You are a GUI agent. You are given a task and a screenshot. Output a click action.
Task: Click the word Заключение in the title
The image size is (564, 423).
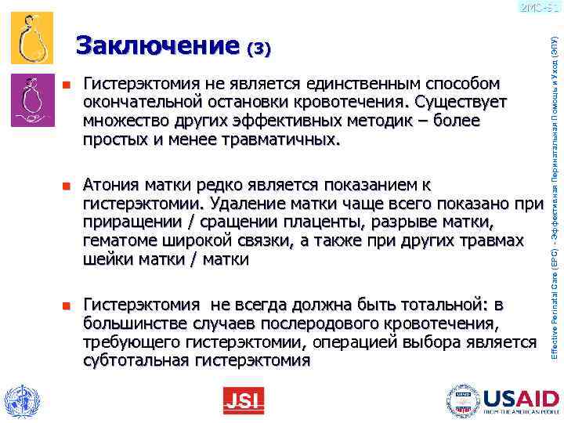click(x=157, y=46)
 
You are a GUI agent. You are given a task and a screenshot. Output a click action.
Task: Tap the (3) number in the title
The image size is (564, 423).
click(x=258, y=49)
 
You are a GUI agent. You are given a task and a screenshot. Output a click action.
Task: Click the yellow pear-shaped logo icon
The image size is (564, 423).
click(x=33, y=38)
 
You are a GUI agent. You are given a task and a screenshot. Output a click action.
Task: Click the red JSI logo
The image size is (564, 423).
click(x=243, y=401)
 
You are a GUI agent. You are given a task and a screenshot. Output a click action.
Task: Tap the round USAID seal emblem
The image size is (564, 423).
click(x=463, y=400)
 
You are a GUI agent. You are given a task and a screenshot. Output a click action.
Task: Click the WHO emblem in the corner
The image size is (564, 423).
click(x=20, y=400)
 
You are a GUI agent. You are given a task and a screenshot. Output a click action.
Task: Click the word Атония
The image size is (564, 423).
click(x=109, y=186)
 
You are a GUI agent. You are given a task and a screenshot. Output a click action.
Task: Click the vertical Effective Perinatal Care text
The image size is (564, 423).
click(x=553, y=196)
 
